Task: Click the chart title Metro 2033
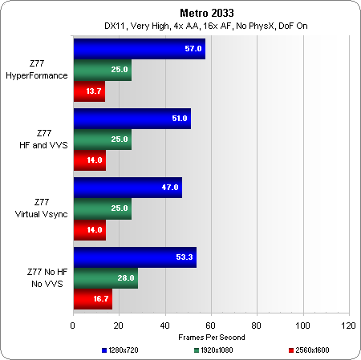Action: point(207,13)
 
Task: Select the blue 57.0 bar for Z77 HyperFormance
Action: point(140,49)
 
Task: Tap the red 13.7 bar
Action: point(89,91)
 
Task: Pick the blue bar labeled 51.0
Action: point(132,119)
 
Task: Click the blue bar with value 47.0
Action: point(128,188)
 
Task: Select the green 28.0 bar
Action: point(106,278)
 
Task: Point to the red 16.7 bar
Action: point(93,299)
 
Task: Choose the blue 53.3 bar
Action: point(135,257)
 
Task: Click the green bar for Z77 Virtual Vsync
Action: point(103,208)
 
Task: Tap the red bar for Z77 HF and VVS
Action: point(90,160)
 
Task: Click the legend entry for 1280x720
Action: point(120,350)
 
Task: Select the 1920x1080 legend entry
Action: point(213,350)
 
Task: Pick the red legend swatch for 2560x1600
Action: point(291,350)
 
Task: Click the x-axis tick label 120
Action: point(348,326)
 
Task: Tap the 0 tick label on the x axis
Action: point(73,326)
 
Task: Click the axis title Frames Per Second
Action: point(212,338)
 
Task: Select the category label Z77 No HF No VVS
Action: point(47,278)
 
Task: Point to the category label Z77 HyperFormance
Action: point(37,70)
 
